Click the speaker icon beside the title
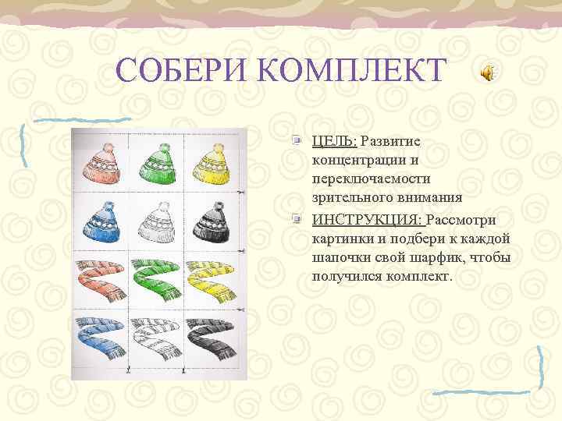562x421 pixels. (486, 73)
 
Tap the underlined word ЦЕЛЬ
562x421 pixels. (334, 141)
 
